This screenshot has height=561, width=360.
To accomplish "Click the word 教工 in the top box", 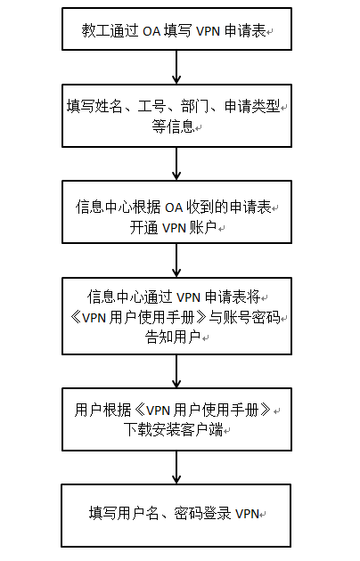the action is (95, 31).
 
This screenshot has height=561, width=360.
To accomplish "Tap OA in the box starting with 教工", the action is (151, 31).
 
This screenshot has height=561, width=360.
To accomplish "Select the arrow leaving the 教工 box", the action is (176, 67).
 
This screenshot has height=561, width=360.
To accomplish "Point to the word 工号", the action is (151, 107).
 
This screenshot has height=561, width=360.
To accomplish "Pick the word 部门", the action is (194, 107).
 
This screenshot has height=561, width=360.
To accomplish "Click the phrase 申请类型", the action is (252, 107).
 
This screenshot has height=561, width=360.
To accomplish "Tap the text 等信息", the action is (173, 126).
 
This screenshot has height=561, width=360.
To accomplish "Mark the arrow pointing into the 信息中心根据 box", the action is (176, 164).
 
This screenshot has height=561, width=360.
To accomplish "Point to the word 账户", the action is (203, 227).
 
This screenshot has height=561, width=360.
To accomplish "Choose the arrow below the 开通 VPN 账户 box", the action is (176, 260).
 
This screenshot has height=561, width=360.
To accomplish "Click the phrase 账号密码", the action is (252, 317).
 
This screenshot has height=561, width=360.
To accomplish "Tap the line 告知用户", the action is (173, 337).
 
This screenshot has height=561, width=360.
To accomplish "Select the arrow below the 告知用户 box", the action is (176, 371).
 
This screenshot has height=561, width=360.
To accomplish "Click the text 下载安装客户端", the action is (173, 429).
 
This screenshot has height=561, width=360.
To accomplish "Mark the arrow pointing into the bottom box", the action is (176, 467).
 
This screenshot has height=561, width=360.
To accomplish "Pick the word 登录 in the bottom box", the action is (217, 514).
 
